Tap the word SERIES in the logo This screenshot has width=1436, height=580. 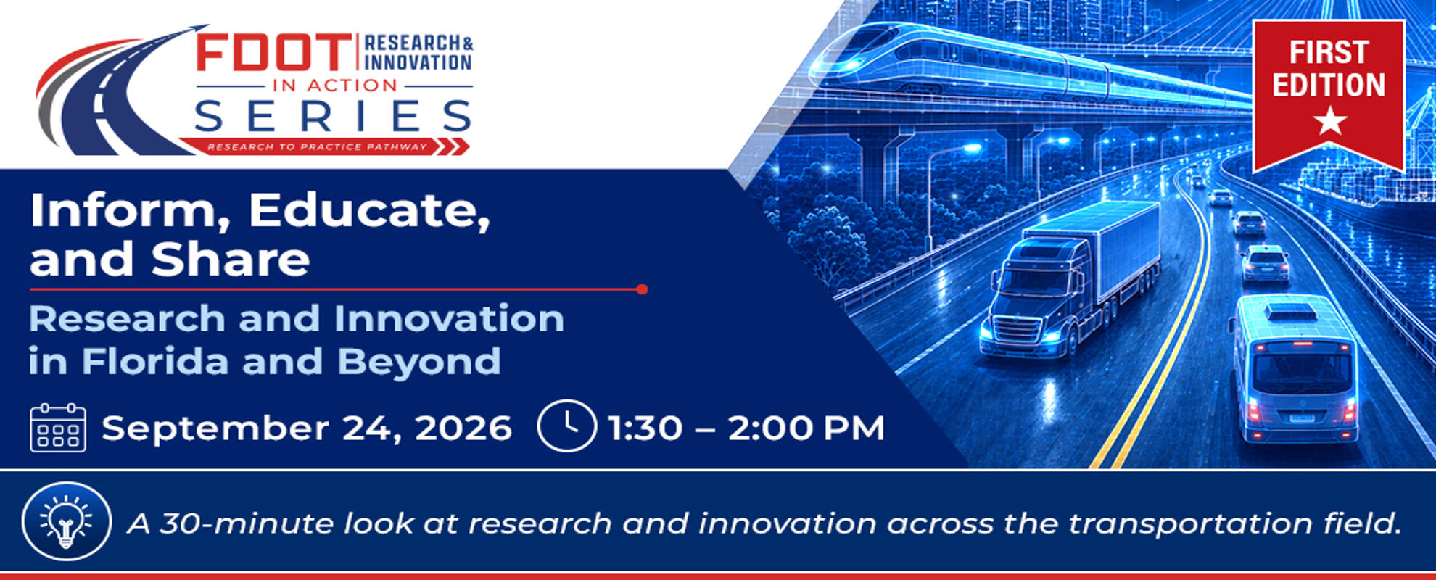point(334,116)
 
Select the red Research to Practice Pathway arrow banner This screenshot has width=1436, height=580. point(324,146)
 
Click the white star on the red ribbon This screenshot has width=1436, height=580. point(1330,120)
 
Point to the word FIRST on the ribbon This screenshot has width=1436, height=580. point(1329,52)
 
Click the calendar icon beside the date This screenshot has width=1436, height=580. point(58,428)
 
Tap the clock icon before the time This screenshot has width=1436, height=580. point(566,426)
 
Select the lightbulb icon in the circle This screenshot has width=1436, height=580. point(66,521)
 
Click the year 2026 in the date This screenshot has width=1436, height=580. point(463,428)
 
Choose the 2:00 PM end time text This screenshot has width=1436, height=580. point(806,428)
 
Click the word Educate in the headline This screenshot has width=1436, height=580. point(369,210)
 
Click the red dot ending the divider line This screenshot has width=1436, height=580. point(641,289)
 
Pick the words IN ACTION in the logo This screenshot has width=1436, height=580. point(335,86)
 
